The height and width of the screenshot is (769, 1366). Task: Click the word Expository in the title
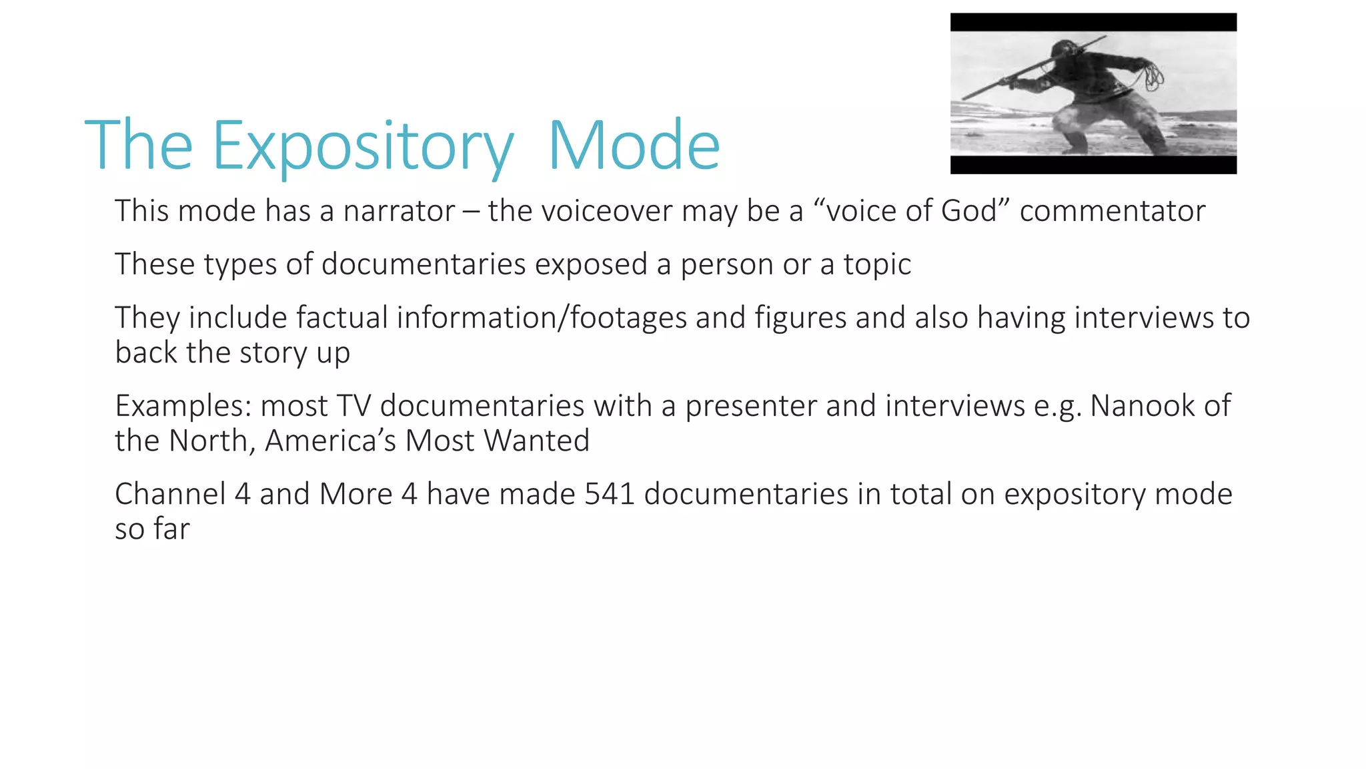363,146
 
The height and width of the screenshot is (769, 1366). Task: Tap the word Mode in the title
634,146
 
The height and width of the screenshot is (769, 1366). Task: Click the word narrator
399,211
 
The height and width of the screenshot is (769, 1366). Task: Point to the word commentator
1112,211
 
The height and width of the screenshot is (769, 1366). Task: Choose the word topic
876,264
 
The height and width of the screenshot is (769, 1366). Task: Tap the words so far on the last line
152,529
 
